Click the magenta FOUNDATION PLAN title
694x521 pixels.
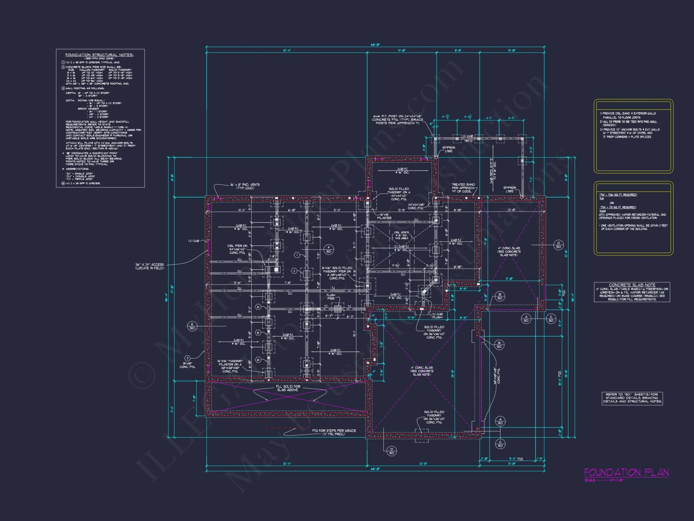click(x=626, y=472)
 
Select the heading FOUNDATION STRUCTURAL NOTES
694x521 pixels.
click(x=99, y=55)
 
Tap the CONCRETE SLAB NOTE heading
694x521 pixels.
click(x=632, y=285)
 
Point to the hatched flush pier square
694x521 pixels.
click(x=337, y=309)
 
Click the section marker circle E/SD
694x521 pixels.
click(x=192, y=326)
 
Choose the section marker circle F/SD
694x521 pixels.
click(x=329, y=249)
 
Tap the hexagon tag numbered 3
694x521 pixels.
click(x=187, y=358)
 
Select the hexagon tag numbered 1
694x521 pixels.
click(x=297, y=255)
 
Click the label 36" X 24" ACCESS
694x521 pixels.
click(x=150, y=266)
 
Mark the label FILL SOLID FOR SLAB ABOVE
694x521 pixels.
click(x=288, y=388)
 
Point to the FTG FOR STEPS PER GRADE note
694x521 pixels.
click(x=334, y=432)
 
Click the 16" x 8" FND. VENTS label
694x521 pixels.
click(x=245, y=186)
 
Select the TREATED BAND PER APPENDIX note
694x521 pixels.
click(x=463, y=188)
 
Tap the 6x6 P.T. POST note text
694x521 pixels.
click(x=398, y=119)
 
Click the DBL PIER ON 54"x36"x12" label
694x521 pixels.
click(x=238, y=249)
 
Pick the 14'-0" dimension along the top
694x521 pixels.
click(x=401, y=50)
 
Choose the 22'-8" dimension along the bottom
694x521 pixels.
click(x=423, y=463)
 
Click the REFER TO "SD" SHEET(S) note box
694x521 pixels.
click(x=632, y=398)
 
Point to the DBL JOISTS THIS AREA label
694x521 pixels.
click(x=401, y=235)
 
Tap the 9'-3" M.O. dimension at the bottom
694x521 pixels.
click(x=516, y=459)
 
